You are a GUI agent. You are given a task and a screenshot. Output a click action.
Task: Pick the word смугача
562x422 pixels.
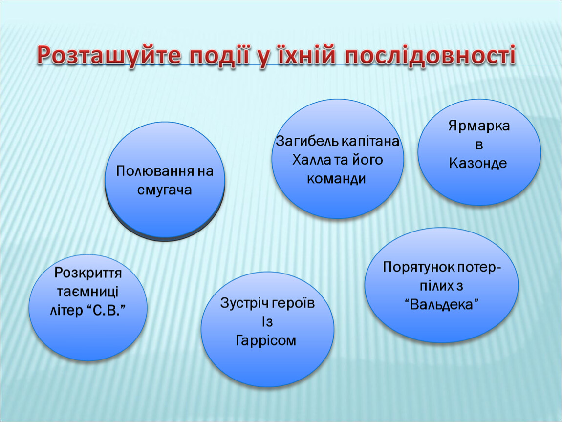pos(165,190)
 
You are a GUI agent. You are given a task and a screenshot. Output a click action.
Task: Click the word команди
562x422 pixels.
pos(336,178)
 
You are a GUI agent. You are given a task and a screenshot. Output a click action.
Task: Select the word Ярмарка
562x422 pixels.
pos(479,126)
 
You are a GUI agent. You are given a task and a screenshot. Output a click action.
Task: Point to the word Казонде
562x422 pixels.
pos(478,163)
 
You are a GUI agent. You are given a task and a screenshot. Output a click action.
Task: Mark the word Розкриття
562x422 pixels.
pos(88,273)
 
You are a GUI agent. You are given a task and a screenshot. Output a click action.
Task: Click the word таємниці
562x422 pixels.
pos(87,292)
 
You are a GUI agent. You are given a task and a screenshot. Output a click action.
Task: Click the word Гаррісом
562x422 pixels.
pos(265,340)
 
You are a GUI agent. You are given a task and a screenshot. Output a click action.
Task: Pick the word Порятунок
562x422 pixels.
pos(419,267)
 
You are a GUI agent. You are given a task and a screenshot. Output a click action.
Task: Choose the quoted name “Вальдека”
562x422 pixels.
pos(442,304)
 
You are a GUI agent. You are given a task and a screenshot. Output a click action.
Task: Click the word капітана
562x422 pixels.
pos(370,142)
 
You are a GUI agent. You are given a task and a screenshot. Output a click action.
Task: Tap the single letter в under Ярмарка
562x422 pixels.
pos(479,145)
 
